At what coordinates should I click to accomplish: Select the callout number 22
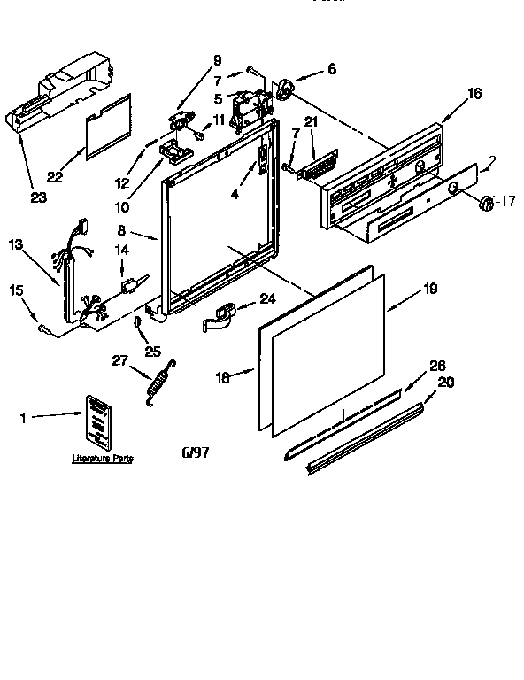(55, 175)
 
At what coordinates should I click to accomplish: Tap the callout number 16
(474, 93)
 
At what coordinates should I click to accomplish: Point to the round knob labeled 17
(485, 205)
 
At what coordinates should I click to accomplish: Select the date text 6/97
(196, 452)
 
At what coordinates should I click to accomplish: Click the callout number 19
(429, 288)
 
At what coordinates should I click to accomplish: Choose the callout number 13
(15, 243)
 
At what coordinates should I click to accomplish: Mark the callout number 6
(332, 68)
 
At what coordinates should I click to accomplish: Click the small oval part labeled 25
(137, 325)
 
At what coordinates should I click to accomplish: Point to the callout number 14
(122, 251)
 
